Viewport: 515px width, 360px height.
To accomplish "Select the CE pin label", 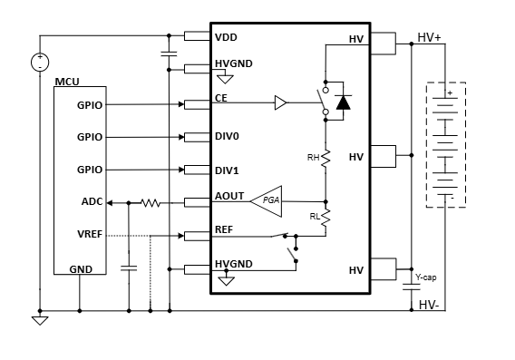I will click(221, 98).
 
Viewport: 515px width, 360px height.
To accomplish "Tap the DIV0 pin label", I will click(227, 138).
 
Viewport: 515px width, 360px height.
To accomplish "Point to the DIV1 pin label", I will click(227, 170).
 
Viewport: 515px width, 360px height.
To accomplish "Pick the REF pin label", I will click(224, 229).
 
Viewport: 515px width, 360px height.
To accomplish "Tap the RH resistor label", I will click(313, 157).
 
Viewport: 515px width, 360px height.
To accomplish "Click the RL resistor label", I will click(313, 217).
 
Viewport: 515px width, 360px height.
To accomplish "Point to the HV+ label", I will click(430, 38).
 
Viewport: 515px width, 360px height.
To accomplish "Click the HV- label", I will click(430, 305).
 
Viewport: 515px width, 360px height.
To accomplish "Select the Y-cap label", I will click(426, 277).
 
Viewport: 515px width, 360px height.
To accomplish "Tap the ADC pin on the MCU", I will click(91, 202).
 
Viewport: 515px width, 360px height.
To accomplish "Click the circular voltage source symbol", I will click(40, 63).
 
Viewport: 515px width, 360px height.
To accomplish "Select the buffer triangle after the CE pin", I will click(280, 104).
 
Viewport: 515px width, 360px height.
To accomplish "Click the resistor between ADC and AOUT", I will click(151, 202).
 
